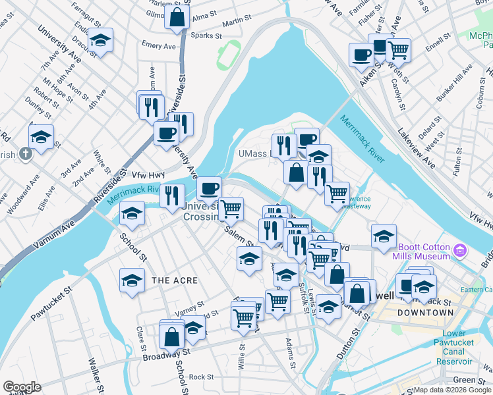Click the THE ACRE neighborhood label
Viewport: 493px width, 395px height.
pyautogui.click(x=175, y=280)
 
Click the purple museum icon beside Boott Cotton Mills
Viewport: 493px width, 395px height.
pyautogui.click(x=461, y=251)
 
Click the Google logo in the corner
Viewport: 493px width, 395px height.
pyautogui.click(x=22, y=387)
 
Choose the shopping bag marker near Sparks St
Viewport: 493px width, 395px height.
pyautogui.click(x=177, y=18)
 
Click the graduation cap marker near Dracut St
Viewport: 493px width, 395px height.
pyautogui.click(x=100, y=41)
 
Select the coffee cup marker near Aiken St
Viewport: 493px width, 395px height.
pyautogui.click(x=361, y=55)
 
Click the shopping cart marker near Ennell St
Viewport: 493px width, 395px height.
pyautogui.click(x=397, y=49)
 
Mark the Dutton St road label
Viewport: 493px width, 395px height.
pyautogui.click(x=345, y=343)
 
